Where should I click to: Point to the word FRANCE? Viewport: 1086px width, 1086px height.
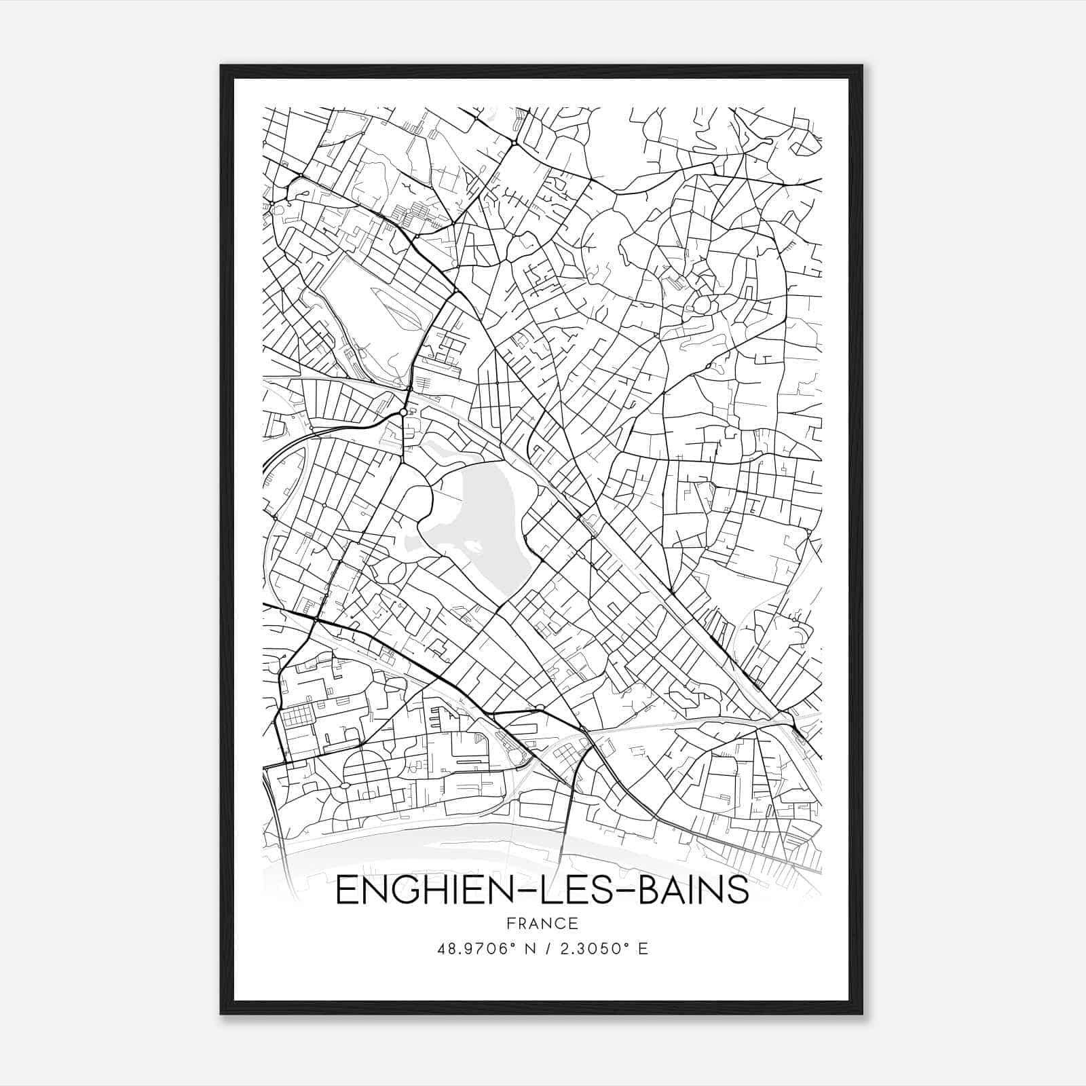pos(542,923)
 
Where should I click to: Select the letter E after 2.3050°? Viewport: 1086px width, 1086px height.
pos(643,948)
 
